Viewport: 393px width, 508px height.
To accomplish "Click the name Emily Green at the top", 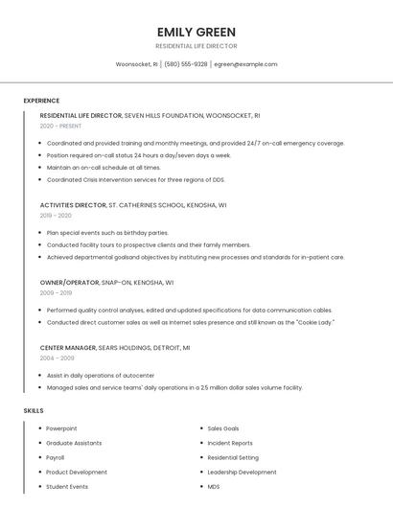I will [x=196, y=32].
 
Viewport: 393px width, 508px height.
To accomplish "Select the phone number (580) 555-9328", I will [x=186, y=64].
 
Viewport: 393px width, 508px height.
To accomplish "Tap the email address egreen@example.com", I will [x=245, y=64].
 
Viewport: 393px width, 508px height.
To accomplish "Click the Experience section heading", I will [x=41, y=101].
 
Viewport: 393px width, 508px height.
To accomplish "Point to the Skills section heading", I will [x=34, y=411].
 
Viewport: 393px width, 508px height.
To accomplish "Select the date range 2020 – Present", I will [x=60, y=126].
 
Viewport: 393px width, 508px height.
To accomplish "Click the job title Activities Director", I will [x=73, y=205].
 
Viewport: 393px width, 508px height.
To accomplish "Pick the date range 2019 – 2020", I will [x=56, y=216].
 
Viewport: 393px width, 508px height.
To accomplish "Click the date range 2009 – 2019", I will [x=56, y=293].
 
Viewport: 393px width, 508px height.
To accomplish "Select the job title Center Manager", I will [x=67, y=347].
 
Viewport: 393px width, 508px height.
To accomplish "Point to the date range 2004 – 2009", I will [x=56, y=358].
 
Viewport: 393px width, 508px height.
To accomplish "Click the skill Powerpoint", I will [x=61, y=428].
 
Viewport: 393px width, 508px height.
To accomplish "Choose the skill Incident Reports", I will [x=230, y=443].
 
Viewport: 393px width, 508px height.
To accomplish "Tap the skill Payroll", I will [x=56, y=457].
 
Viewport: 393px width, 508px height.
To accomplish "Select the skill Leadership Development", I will [x=242, y=472].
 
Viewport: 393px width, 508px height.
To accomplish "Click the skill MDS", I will [x=214, y=486].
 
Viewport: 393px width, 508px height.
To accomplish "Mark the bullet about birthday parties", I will [x=107, y=232].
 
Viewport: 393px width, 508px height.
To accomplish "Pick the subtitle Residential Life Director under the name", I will [x=196, y=46].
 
